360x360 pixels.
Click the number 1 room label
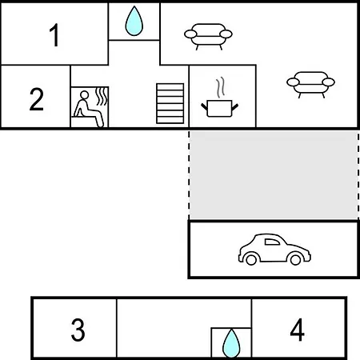pyautogui.click(x=54, y=35)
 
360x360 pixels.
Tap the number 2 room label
pyautogui.click(x=37, y=99)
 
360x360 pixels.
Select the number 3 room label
pyautogui.click(x=78, y=330)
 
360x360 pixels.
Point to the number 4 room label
pyautogui.click(x=297, y=330)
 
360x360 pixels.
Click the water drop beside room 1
pyautogui.click(x=134, y=21)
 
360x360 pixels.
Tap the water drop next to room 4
pyautogui.click(x=231, y=343)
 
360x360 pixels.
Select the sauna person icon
pyautogui.click(x=88, y=109)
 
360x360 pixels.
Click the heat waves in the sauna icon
pyautogui.click(x=102, y=96)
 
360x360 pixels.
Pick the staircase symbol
pyautogui.click(x=170, y=103)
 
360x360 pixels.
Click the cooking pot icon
pyautogui.click(x=220, y=108)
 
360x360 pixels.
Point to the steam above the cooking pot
pyautogui.click(x=220, y=87)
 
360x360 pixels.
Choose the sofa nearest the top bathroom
pyautogui.click(x=208, y=37)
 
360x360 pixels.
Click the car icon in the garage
pyautogui.click(x=274, y=250)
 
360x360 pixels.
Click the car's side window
pyautogui.click(x=272, y=242)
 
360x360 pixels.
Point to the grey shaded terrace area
pyautogui.click(x=274, y=175)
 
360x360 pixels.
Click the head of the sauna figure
pyautogui.click(x=84, y=95)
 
